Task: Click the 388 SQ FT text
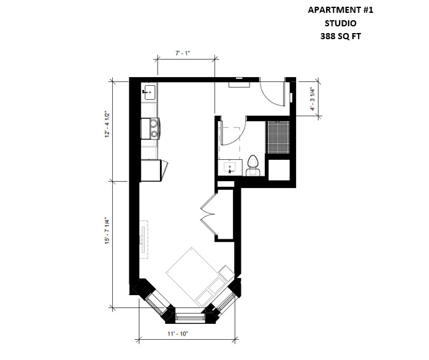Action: [x=340, y=36]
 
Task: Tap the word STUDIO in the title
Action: [x=340, y=23]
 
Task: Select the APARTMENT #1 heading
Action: [x=340, y=10]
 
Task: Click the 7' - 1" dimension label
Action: [x=183, y=53]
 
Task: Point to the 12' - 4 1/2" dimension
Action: [x=107, y=124]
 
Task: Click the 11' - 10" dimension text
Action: [x=178, y=334]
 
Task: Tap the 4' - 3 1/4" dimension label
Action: [x=312, y=99]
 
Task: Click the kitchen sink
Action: [x=150, y=92]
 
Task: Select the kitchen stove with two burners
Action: [x=150, y=129]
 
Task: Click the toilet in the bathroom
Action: [x=252, y=166]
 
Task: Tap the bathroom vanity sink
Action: [x=230, y=168]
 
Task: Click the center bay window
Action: [x=190, y=317]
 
